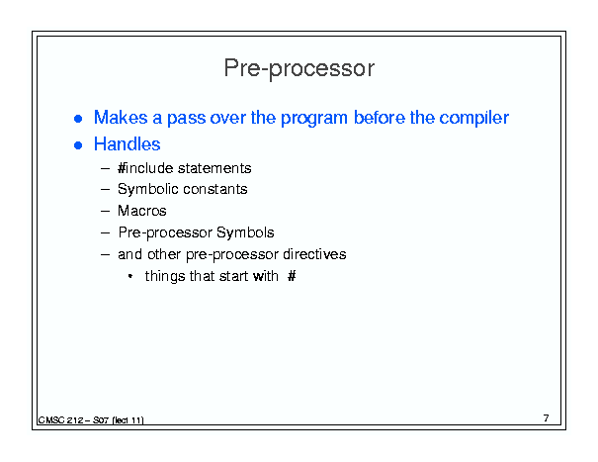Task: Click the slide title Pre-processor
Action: point(299,68)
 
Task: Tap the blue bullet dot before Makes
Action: point(78,119)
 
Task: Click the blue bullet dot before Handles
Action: point(78,145)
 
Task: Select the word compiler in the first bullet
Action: point(474,118)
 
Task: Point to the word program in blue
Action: point(314,119)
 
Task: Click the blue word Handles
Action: point(127,144)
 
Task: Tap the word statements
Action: point(214,168)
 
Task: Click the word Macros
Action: point(142,211)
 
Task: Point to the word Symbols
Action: point(245,232)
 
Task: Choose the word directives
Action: point(314,254)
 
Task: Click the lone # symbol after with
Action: point(292,276)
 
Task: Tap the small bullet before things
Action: point(130,276)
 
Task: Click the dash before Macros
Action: point(105,211)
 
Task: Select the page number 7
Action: point(547,418)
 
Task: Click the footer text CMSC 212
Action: point(60,420)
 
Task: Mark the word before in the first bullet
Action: point(380,118)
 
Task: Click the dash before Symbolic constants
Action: point(105,189)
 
